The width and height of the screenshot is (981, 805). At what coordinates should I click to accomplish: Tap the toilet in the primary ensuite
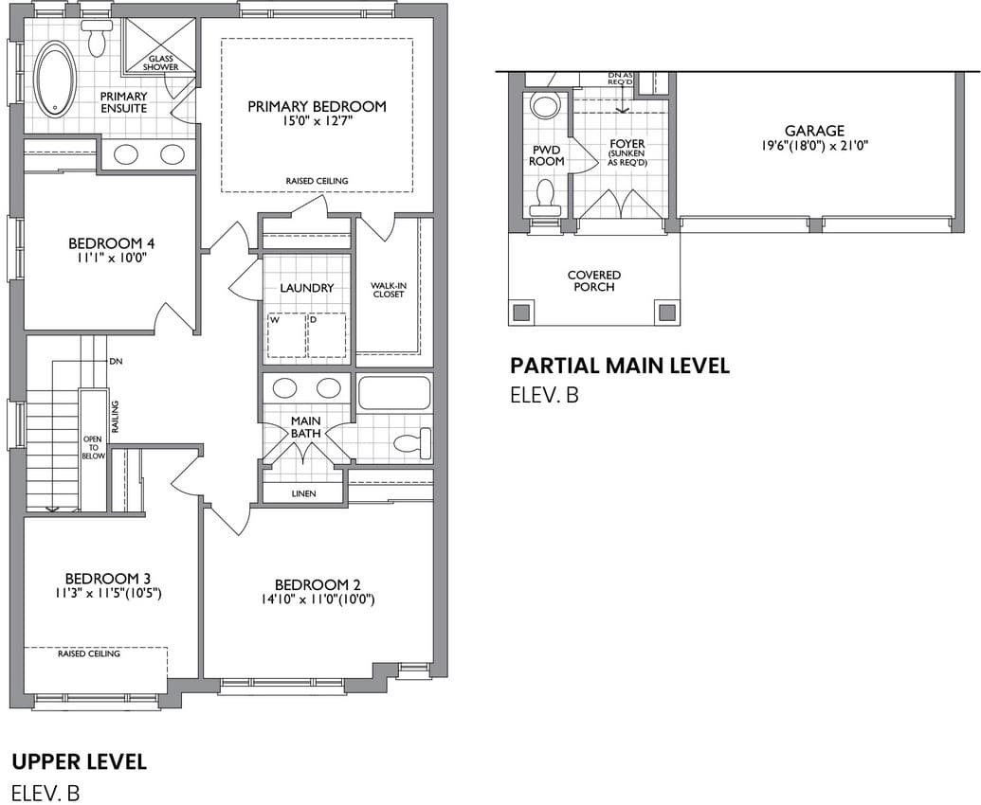point(98,39)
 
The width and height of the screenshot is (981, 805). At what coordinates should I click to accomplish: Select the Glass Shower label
point(161,63)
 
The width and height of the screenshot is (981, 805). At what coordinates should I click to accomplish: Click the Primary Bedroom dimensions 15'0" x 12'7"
point(317,120)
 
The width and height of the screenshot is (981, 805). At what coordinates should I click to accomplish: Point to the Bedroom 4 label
point(111,243)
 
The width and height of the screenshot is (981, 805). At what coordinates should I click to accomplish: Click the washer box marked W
point(286,335)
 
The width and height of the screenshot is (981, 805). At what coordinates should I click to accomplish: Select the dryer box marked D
point(327,335)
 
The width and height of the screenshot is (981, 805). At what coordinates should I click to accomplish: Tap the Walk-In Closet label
point(389,290)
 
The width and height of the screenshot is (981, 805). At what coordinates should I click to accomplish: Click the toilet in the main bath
point(412,442)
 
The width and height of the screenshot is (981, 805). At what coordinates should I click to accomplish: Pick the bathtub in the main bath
point(394,392)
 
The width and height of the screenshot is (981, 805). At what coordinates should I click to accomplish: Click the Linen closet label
point(303,493)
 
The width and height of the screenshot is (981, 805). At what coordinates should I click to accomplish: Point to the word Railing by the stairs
point(115,417)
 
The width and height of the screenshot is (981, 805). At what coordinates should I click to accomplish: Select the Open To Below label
point(93,448)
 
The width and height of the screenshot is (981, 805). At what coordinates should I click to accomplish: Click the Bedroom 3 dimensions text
point(108,593)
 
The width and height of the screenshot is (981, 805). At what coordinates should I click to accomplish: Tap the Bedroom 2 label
point(318,585)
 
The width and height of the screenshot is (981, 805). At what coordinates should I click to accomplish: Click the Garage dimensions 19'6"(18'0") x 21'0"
point(814,146)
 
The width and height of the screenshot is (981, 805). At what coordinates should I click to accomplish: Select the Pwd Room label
point(546,155)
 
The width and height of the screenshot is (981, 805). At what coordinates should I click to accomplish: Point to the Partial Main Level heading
point(619,366)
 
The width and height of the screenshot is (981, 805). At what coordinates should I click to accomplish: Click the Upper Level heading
point(80,761)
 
